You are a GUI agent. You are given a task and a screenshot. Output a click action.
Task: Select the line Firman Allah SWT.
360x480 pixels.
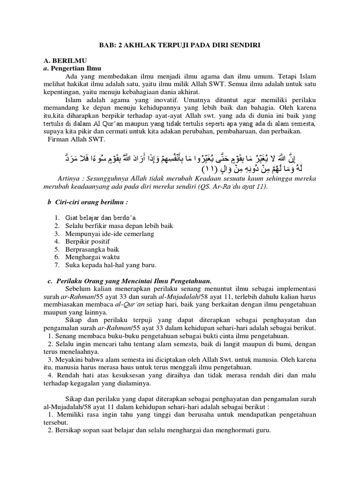[x=77, y=139]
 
